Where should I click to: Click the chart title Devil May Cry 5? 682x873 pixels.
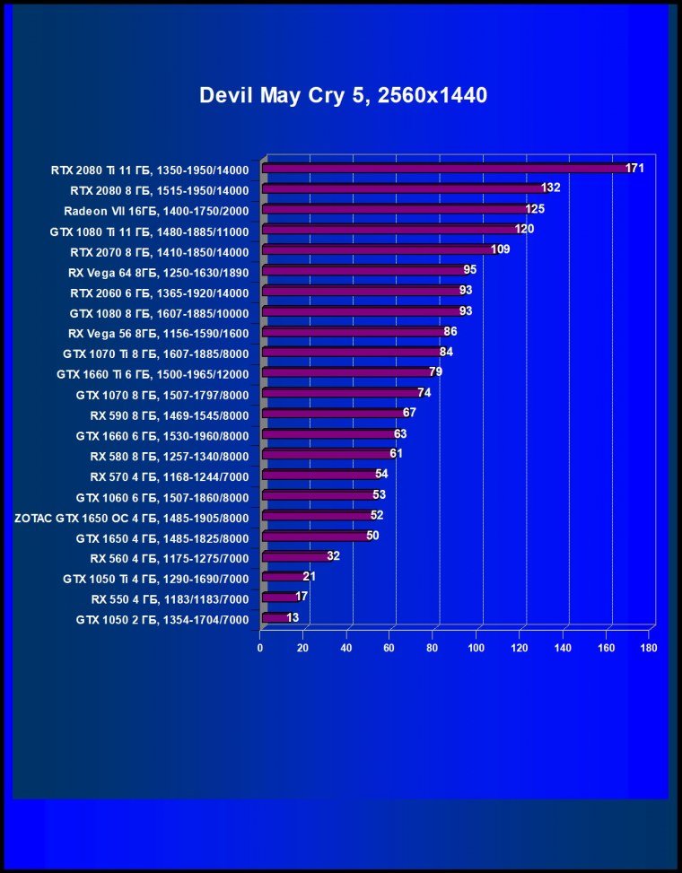(343, 96)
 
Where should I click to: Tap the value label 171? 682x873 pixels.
(635, 168)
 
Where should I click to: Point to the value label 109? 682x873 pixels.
(501, 249)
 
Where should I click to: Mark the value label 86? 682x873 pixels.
(450, 331)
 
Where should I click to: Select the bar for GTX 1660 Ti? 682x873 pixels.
(345, 372)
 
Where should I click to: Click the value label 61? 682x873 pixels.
(396, 453)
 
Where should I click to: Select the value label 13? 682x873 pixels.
(293, 617)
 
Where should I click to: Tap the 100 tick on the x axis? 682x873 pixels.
(477, 647)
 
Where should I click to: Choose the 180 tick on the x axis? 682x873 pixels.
(649, 647)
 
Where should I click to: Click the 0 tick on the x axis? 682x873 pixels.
(260, 647)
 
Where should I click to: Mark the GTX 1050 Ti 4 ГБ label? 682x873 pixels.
(156, 578)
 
